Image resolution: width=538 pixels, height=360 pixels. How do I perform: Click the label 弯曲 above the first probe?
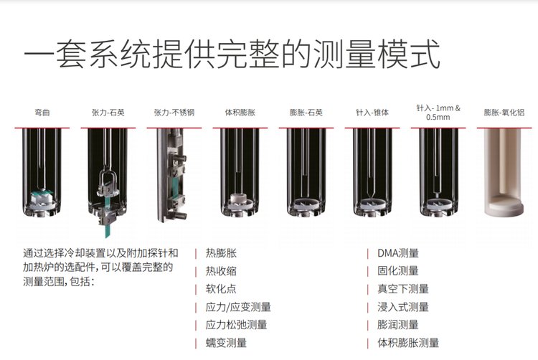(x=42, y=113)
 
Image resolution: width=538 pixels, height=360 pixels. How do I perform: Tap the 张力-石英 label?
(x=108, y=113)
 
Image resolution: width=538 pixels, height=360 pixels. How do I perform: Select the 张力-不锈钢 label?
(x=174, y=113)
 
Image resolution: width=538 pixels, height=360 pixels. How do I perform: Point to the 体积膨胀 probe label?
(x=240, y=113)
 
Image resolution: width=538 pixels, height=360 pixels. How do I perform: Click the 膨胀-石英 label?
(x=306, y=113)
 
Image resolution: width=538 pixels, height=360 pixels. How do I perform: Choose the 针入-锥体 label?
(x=372, y=113)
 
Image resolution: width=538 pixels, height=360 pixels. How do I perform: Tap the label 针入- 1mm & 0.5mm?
(x=438, y=113)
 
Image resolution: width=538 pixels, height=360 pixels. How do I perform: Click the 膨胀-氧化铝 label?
(x=504, y=113)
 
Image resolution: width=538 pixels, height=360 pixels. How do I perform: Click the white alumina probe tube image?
(x=504, y=173)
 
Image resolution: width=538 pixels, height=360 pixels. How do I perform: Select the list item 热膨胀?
(x=222, y=253)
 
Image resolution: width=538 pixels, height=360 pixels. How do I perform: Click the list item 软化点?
(x=222, y=289)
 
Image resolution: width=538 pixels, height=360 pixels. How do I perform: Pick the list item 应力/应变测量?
(x=238, y=307)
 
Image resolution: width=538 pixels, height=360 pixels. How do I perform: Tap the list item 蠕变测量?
(x=226, y=343)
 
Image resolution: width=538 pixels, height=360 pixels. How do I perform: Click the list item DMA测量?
(x=398, y=253)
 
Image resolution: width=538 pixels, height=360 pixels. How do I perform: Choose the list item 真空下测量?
(x=403, y=289)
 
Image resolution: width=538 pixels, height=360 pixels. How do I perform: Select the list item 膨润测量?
(x=398, y=324)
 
